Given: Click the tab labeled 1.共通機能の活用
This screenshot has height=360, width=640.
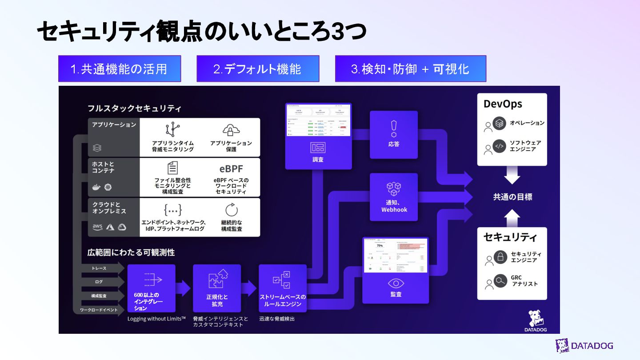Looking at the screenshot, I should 119,69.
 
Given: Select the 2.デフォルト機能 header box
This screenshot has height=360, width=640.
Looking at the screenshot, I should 258,69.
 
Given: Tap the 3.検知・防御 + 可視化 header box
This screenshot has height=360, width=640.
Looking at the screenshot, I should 410,69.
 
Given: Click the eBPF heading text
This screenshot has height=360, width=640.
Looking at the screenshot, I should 231,169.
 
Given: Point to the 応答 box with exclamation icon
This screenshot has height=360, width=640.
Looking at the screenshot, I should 394,135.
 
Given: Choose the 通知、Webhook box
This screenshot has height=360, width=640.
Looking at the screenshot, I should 394,197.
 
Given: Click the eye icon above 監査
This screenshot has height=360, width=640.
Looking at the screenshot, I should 396,283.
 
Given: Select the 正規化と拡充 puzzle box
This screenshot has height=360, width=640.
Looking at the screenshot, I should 217,288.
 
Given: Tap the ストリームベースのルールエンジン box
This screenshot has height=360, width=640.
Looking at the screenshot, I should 283,288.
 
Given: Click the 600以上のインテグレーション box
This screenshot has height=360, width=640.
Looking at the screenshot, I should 151,288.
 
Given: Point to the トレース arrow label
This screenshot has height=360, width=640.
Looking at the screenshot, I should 100,268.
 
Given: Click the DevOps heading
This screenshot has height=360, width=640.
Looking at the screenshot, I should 503,104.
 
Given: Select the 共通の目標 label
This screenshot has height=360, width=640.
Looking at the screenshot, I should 512,197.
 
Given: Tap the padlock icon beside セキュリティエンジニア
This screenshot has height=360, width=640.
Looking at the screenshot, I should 500,257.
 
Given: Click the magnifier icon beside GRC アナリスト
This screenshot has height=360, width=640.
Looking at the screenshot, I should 500,281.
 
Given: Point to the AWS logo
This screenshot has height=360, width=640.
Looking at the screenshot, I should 97,227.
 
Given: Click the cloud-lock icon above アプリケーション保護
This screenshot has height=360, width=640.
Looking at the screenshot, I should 230,130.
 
